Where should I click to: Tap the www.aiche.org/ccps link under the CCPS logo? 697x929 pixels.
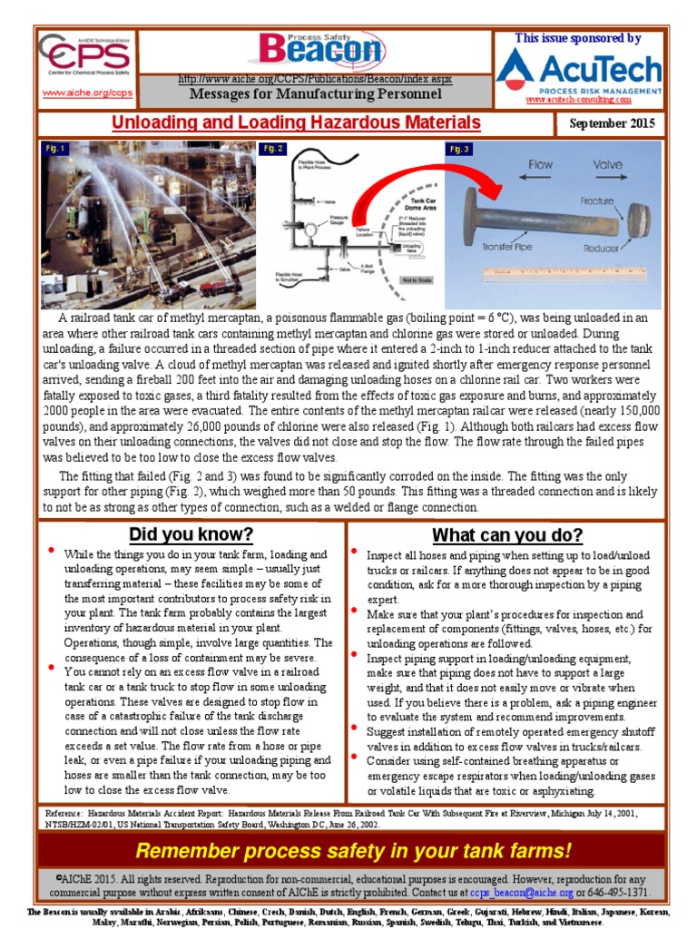87,93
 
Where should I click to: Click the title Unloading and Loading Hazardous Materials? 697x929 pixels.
296,123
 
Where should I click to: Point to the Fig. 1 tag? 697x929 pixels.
56,148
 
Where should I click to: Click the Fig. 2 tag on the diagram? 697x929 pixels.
272,148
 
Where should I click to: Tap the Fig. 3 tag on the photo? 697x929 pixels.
459,148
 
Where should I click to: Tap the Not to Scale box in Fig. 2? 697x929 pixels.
415,280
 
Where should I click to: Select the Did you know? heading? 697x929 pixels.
191,533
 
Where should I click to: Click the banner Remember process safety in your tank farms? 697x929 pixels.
352,851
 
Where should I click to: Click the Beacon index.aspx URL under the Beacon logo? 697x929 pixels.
315,80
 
